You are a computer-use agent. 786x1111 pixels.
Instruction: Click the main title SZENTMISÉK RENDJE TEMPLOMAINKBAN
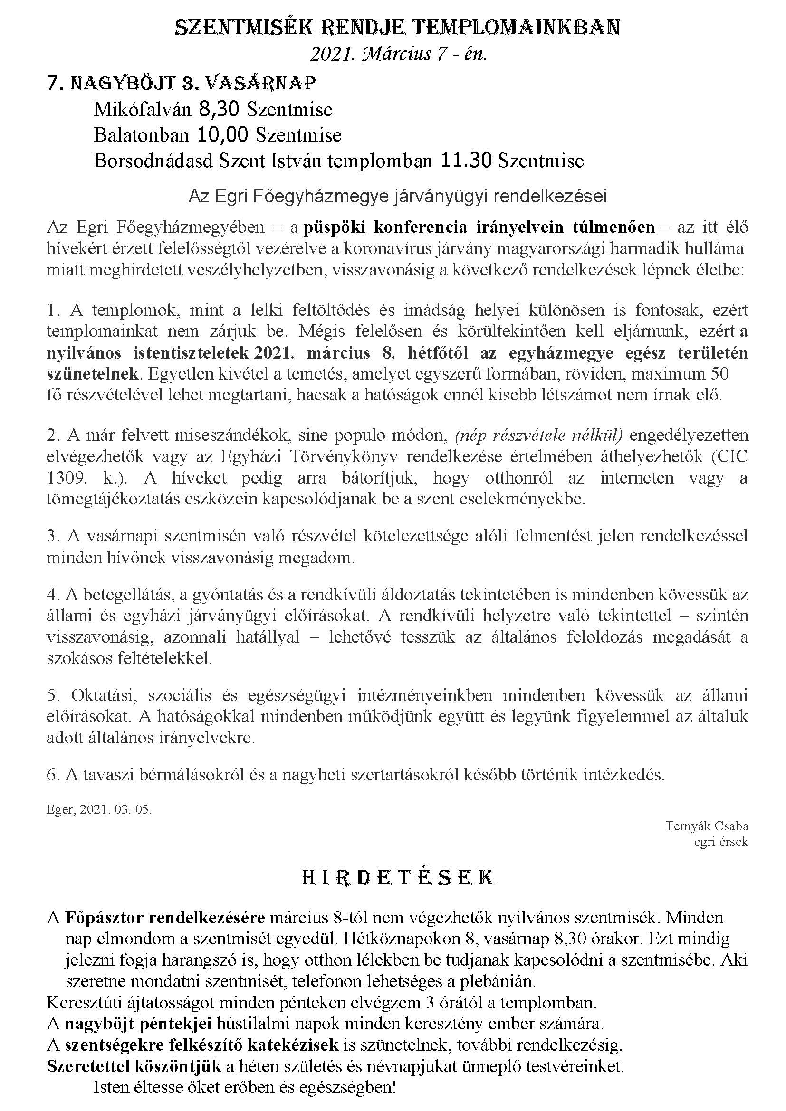pos(396,28)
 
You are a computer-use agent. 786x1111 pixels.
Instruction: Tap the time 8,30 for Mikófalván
pos(218,110)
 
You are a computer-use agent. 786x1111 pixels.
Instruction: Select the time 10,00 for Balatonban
pos(222,135)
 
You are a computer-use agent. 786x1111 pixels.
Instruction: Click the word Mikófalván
pos(143,110)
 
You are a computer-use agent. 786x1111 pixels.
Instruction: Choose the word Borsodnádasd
pos(154,161)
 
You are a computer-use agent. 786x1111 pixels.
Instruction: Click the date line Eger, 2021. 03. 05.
pos(99,810)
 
